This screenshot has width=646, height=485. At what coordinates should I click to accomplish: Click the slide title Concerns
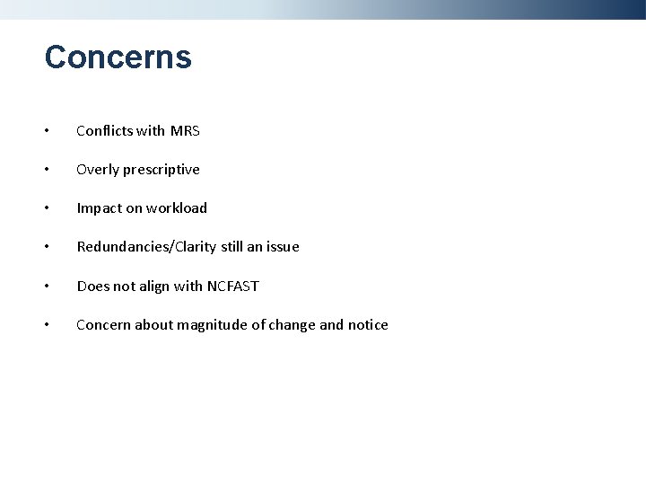click(x=118, y=57)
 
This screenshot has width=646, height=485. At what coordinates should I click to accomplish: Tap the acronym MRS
click(x=185, y=131)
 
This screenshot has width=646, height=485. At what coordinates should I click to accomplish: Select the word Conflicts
click(x=102, y=131)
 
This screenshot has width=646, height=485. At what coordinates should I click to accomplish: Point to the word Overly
click(x=96, y=170)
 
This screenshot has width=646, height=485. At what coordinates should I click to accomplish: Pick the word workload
click(x=177, y=208)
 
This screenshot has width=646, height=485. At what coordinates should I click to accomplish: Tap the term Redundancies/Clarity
click(x=148, y=247)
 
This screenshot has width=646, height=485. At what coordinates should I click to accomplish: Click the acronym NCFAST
click(x=232, y=287)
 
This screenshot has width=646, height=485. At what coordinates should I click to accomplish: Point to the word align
click(x=153, y=287)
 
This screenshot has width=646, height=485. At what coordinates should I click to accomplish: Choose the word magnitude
click(x=213, y=325)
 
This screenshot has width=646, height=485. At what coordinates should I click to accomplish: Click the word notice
click(x=368, y=325)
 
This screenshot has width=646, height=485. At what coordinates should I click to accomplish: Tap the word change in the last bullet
click(x=292, y=325)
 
